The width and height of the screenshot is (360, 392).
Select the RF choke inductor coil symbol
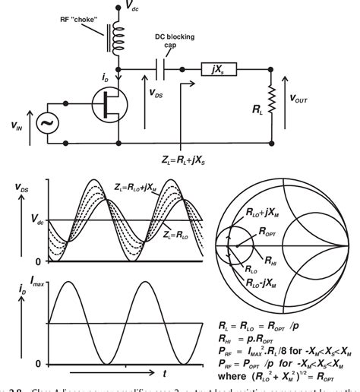[118, 43]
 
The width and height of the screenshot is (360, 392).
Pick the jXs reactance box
[220, 69]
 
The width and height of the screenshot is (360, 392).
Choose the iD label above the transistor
[89, 77]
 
